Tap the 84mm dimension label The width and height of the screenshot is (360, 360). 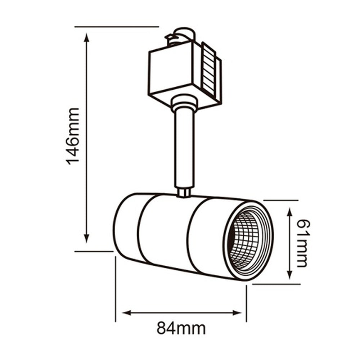(181, 328)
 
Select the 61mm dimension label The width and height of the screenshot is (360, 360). (302, 243)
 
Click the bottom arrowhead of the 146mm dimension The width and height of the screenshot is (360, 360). (86, 238)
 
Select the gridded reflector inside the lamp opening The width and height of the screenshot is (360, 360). (245, 239)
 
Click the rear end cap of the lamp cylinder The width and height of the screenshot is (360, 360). (126, 227)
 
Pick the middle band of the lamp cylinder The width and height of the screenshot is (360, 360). (164, 234)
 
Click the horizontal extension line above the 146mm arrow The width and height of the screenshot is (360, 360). (117, 27)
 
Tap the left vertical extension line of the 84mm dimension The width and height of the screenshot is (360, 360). (116, 288)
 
